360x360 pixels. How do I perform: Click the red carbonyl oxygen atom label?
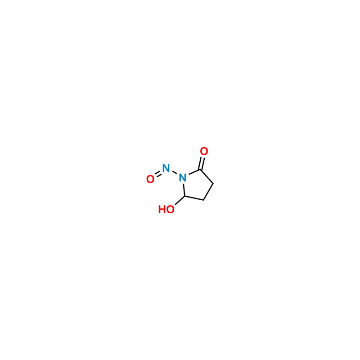pyautogui.click(x=204, y=151)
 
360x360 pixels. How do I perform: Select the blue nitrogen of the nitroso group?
pyautogui.click(x=166, y=168)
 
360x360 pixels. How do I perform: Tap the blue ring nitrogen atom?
pyautogui.click(x=183, y=177)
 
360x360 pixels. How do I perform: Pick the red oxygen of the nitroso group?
pyautogui.click(x=150, y=179)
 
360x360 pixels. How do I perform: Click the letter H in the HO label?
pyautogui.click(x=162, y=209)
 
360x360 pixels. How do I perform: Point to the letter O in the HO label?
pyautogui.click(x=170, y=209)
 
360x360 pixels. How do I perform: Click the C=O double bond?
pyautogui.click(x=202, y=163)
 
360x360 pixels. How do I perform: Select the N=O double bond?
pyautogui.click(x=158, y=174)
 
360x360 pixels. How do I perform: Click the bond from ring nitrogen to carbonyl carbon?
pyautogui.click(x=194, y=172)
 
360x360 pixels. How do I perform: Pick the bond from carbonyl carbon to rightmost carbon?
pyautogui.click(x=207, y=176)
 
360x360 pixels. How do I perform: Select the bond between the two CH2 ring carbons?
pyautogui.click(x=208, y=192)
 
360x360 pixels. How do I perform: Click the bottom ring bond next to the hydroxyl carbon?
pyautogui.click(x=194, y=198)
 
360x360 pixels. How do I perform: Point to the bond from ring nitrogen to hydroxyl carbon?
pyautogui.click(x=184, y=189)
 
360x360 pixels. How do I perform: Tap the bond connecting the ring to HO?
pyautogui.click(x=180, y=200)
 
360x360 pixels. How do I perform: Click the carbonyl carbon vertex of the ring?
pyautogui.click(x=201, y=170)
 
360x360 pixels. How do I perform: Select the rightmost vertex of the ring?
pyautogui.click(x=213, y=184)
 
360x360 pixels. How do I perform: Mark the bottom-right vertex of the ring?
pyautogui.click(x=204, y=200)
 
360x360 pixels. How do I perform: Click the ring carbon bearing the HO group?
pyautogui.click(x=184, y=196)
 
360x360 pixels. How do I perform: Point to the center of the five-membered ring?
pyautogui.click(x=197, y=185)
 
